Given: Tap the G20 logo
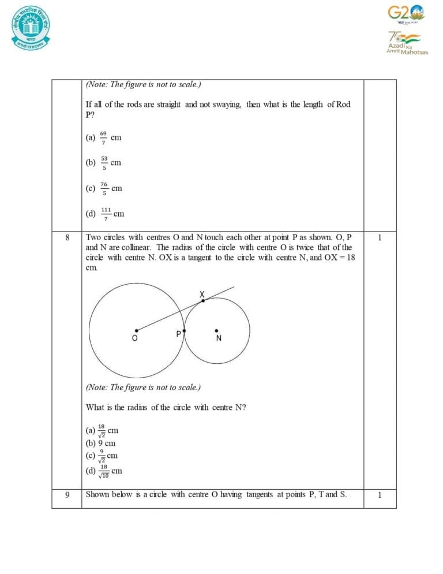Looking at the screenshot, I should [x=405, y=13].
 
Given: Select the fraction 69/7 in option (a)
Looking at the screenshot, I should [x=103, y=137].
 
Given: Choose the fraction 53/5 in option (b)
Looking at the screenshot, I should [x=104, y=162].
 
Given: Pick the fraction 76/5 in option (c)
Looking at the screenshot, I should [x=104, y=188].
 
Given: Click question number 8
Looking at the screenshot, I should [x=67, y=237].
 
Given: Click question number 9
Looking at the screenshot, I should [x=67, y=494].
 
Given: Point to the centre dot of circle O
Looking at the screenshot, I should [x=137, y=330].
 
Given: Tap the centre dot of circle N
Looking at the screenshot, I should [x=217, y=331].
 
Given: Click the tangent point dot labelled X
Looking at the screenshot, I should [x=202, y=300].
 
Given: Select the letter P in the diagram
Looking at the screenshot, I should [x=179, y=334].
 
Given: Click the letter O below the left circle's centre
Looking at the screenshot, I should [x=134, y=339].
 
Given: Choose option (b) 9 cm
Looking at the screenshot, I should [x=101, y=443].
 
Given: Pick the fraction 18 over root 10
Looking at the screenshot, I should [x=104, y=471].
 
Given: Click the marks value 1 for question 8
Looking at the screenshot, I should [x=380, y=237].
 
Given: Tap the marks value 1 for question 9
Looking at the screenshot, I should [x=380, y=494].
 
